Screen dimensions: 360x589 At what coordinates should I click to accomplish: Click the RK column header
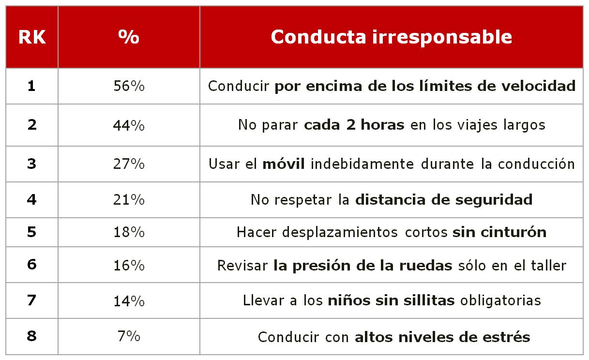coord(32,37)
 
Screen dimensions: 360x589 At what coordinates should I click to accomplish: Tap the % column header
coord(129,37)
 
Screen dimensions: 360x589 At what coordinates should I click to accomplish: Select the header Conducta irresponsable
coord(391,37)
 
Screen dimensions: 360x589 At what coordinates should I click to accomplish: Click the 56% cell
coord(129,86)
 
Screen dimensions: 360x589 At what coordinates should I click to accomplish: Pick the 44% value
coord(129,125)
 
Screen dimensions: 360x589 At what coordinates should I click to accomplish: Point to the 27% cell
coord(129,164)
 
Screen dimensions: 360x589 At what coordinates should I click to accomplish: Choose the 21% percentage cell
coord(129,199)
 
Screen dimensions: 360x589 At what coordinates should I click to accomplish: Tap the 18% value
coord(129,232)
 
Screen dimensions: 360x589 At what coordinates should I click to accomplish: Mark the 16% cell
coord(129,266)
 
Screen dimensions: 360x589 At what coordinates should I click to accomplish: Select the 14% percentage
coord(129,300)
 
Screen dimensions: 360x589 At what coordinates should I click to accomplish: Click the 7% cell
coord(129,336)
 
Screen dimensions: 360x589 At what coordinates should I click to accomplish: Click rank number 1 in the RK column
coord(32,86)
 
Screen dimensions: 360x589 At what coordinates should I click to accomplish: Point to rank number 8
coord(32,336)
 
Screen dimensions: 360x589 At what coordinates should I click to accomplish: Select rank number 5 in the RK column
coord(32,232)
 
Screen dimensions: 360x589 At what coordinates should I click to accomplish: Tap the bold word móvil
coord(284,164)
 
